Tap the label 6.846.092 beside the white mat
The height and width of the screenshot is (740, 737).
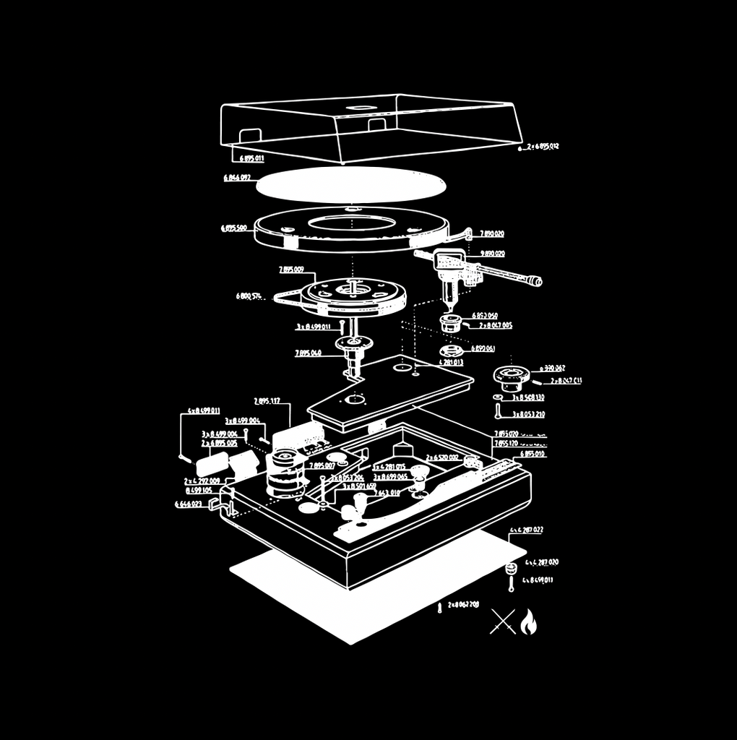[x=237, y=177]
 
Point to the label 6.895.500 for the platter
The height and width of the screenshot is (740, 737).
[x=234, y=228]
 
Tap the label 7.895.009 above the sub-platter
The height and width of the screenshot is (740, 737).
[x=291, y=270]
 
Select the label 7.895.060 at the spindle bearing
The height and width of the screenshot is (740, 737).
[x=308, y=353]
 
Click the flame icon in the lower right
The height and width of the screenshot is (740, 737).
[x=528, y=621]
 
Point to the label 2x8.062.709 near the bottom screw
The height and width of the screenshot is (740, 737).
[x=463, y=604]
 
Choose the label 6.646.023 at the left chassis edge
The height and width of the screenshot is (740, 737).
[x=189, y=504]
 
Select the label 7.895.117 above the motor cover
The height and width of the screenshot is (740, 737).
[x=267, y=401]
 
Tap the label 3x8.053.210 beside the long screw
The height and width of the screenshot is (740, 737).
[x=528, y=415]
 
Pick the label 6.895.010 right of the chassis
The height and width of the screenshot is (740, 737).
[x=533, y=454]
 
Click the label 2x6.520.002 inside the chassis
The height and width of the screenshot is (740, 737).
[x=442, y=457]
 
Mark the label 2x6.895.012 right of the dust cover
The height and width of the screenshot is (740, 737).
[x=543, y=146]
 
